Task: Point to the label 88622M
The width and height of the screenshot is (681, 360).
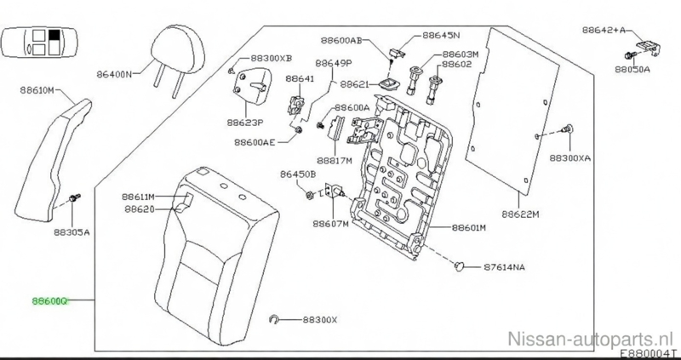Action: (520, 214)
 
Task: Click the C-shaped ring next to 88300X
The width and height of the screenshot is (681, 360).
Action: (274, 320)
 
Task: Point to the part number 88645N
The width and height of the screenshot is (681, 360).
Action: (441, 37)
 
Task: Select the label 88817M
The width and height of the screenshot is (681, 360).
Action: (336, 159)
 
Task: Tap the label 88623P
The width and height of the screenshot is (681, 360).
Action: (244, 122)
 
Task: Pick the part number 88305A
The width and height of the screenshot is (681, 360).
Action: (72, 231)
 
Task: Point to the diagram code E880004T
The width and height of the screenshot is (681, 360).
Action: (648, 353)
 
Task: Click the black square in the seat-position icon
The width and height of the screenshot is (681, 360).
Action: (54, 36)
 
